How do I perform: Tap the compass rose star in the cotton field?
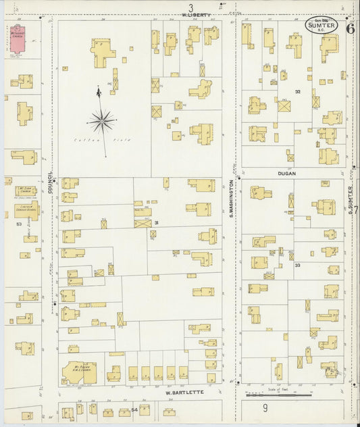coord(101,122)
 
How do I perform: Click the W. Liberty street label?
coord(197,14)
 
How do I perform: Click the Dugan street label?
coord(286,173)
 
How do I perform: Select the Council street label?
coord(50,182)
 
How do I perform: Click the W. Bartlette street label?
coord(184,392)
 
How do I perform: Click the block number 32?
coord(297,91)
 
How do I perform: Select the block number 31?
coord(156,223)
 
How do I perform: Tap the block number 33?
coord(297,266)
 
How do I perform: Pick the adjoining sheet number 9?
coord(265,407)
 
